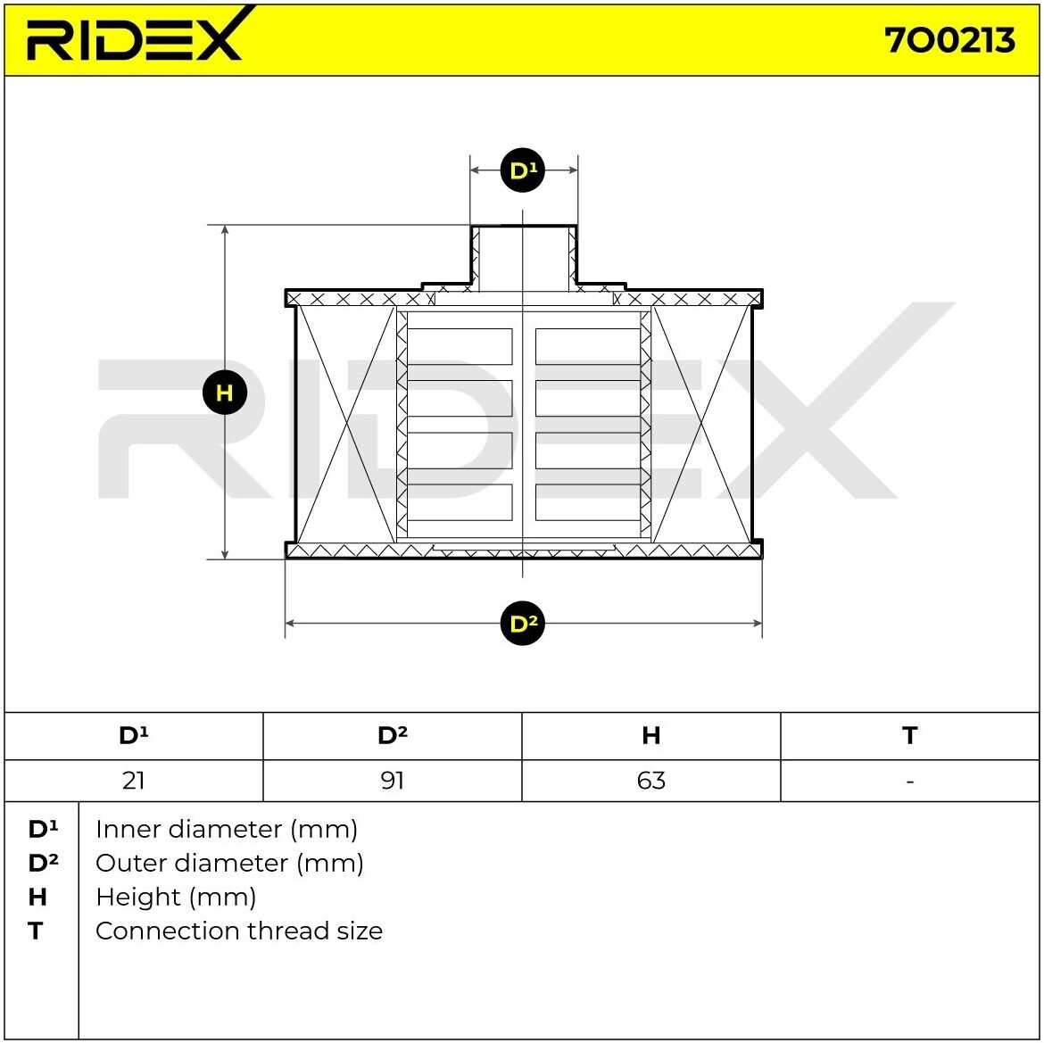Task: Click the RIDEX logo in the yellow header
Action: [x=135, y=37]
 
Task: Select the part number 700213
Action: [x=949, y=40]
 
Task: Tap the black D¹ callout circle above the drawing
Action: [x=523, y=170]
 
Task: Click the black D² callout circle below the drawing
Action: [x=523, y=624]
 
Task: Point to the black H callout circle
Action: [x=224, y=393]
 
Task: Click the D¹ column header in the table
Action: [x=134, y=735]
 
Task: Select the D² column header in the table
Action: [x=393, y=735]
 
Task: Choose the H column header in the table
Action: [x=651, y=735]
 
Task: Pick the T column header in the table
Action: [x=909, y=735]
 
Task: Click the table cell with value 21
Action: [x=134, y=781]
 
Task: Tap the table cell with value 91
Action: [x=393, y=781]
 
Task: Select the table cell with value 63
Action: [x=651, y=781]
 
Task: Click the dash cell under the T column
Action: [x=909, y=781]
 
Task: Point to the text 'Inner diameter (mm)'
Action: [x=227, y=829]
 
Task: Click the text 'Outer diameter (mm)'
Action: [x=229, y=863]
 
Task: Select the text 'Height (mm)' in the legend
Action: [x=176, y=897]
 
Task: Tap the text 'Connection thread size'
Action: [x=239, y=931]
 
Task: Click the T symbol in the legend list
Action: [x=36, y=931]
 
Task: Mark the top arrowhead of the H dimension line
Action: [x=225, y=231]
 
